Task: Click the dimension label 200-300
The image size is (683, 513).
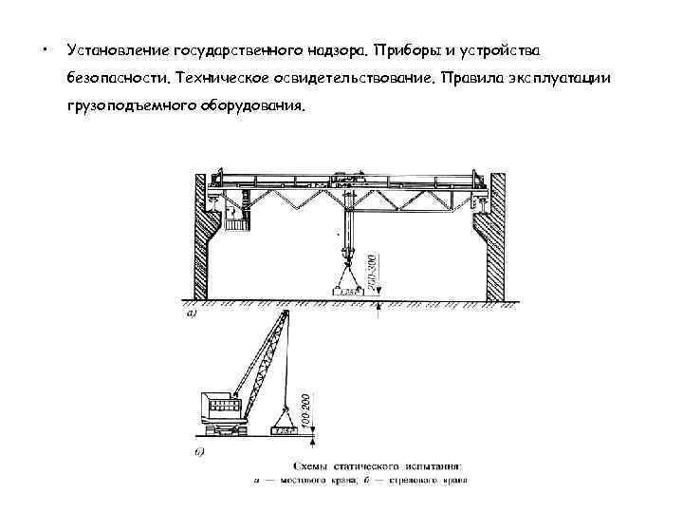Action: tap(373, 271)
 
